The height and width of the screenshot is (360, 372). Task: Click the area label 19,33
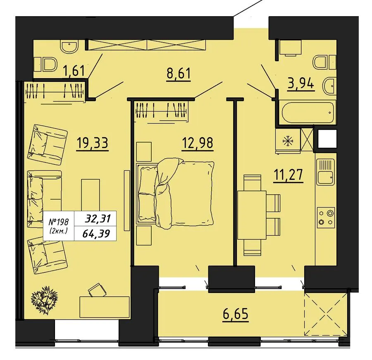coord(92,143)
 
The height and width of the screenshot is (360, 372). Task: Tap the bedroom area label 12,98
coord(198,143)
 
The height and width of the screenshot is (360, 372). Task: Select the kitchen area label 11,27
coord(288,175)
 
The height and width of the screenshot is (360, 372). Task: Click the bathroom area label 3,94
coord(301,83)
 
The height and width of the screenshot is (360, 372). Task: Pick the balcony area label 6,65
coord(236,314)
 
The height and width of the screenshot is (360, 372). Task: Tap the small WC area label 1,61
coord(74,71)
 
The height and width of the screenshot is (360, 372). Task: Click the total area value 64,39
coord(96,234)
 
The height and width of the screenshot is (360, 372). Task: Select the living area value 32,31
coord(98,219)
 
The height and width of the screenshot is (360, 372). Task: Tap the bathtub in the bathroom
coord(308,112)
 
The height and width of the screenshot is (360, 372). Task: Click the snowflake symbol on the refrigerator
coord(288,141)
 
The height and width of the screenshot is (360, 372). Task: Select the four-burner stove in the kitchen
coord(326,217)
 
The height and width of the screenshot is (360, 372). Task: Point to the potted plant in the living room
coord(44,300)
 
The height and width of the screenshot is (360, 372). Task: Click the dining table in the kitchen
coord(252,215)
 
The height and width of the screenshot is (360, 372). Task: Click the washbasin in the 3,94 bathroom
coord(329,86)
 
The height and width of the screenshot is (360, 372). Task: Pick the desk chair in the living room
coord(97,290)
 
